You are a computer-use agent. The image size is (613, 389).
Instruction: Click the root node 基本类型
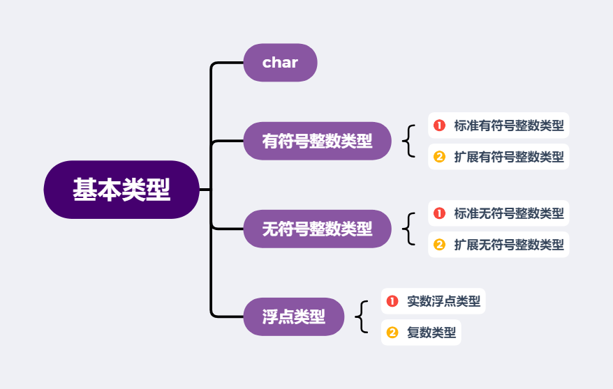click(121, 190)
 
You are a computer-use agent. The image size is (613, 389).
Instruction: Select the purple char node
click(280, 63)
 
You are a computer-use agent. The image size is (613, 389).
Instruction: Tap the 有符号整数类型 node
click(317, 141)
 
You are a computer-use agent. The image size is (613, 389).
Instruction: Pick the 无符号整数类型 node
click(317, 229)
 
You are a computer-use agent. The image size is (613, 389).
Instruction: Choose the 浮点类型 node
click(293, 316)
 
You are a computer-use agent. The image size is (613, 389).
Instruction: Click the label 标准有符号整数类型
click(508, 125)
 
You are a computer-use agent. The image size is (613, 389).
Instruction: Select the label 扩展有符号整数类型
click(508, 157)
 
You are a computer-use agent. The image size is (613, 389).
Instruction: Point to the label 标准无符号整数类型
click(508, 213)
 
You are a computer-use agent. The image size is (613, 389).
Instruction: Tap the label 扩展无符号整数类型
click(508, 245)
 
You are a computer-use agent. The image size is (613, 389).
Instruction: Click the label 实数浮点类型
click(443, 301)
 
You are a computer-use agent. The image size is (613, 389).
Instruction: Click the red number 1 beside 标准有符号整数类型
click(439, 125)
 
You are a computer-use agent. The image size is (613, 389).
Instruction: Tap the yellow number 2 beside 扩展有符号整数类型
click(439, 157)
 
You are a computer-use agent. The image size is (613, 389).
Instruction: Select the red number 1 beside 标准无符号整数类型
click(439, 213)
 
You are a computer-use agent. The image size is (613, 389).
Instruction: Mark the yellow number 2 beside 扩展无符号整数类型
click(439, 245)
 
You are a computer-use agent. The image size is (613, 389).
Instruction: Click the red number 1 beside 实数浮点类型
click(392, 301)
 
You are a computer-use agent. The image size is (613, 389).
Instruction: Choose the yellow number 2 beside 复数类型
click(392, 333)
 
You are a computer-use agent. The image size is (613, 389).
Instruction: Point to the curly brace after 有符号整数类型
click(408, 141)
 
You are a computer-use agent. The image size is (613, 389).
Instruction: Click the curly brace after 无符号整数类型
click(408, 229)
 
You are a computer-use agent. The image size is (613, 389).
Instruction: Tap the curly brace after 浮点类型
click(361, 316)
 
